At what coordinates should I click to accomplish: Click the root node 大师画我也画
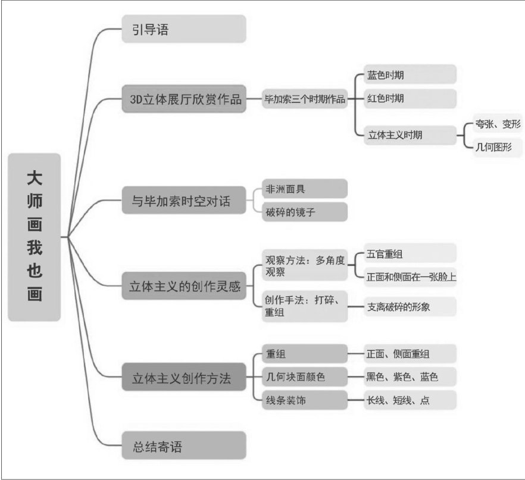[35, 237]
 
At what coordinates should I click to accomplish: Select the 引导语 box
[183, 29]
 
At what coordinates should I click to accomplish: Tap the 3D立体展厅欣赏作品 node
[183, 99]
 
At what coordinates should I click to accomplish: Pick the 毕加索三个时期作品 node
[305, 99]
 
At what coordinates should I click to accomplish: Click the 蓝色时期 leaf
[410, 75]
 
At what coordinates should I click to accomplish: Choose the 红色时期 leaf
[410, 98]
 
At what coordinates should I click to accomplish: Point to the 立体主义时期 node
[410, 134]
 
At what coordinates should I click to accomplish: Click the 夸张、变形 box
[498, 124]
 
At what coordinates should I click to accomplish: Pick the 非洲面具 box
[304, 189]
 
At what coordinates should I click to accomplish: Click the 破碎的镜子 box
[304, 211]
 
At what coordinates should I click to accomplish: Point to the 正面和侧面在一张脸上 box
[410, 277]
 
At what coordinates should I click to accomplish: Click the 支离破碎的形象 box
[410, 307]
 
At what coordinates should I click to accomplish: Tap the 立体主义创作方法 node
[183, 377]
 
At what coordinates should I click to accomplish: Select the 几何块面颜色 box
[304, 377]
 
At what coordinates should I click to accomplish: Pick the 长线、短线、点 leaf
[410, 400]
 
